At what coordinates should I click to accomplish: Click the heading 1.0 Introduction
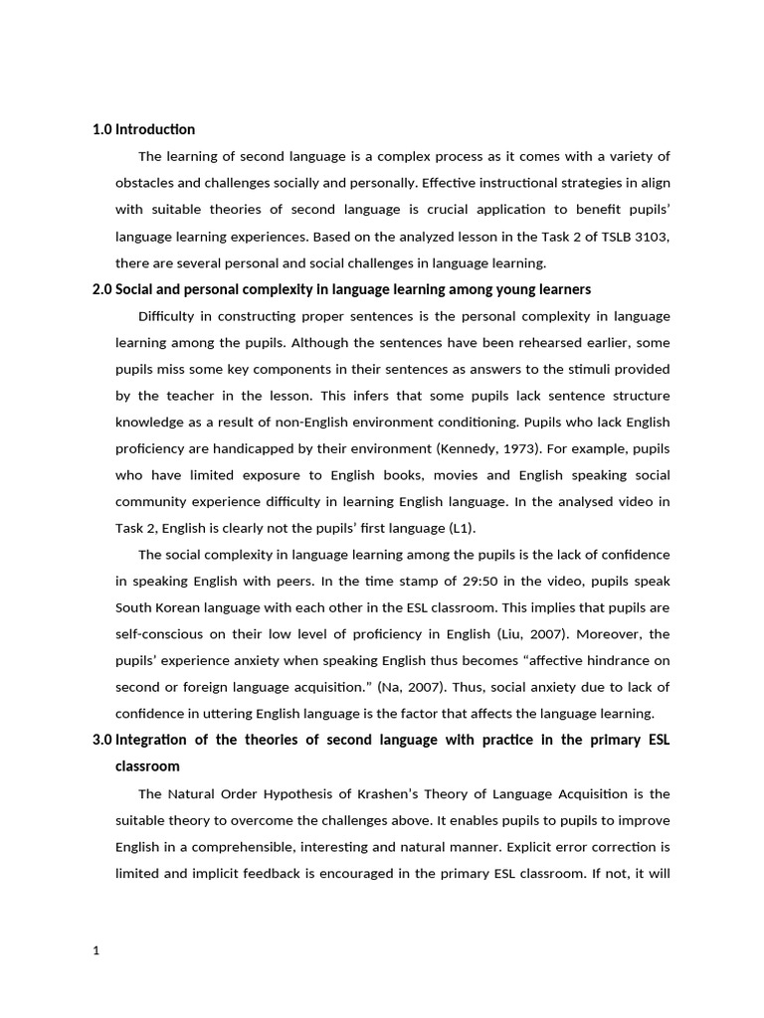143,129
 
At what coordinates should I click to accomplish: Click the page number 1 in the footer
95,950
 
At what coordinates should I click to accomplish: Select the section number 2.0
101,289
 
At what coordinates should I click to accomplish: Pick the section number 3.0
101,741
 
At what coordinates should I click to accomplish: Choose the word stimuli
581,369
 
